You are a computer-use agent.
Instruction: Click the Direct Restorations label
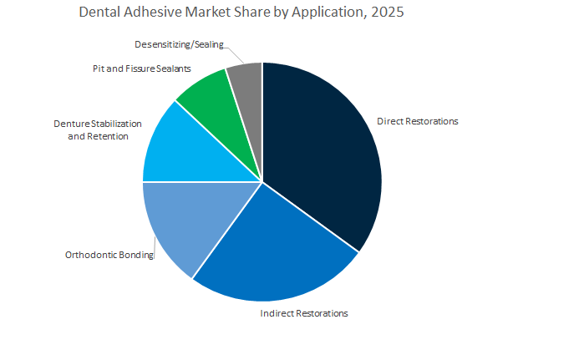[417, 121]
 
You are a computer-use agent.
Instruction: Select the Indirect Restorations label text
[303, 313]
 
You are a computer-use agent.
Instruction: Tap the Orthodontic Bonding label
[109, 256]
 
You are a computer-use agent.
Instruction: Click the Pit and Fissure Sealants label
[142, 68]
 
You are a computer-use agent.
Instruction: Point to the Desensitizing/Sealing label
[179, 44]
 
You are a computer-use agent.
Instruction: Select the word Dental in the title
[100, 13]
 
